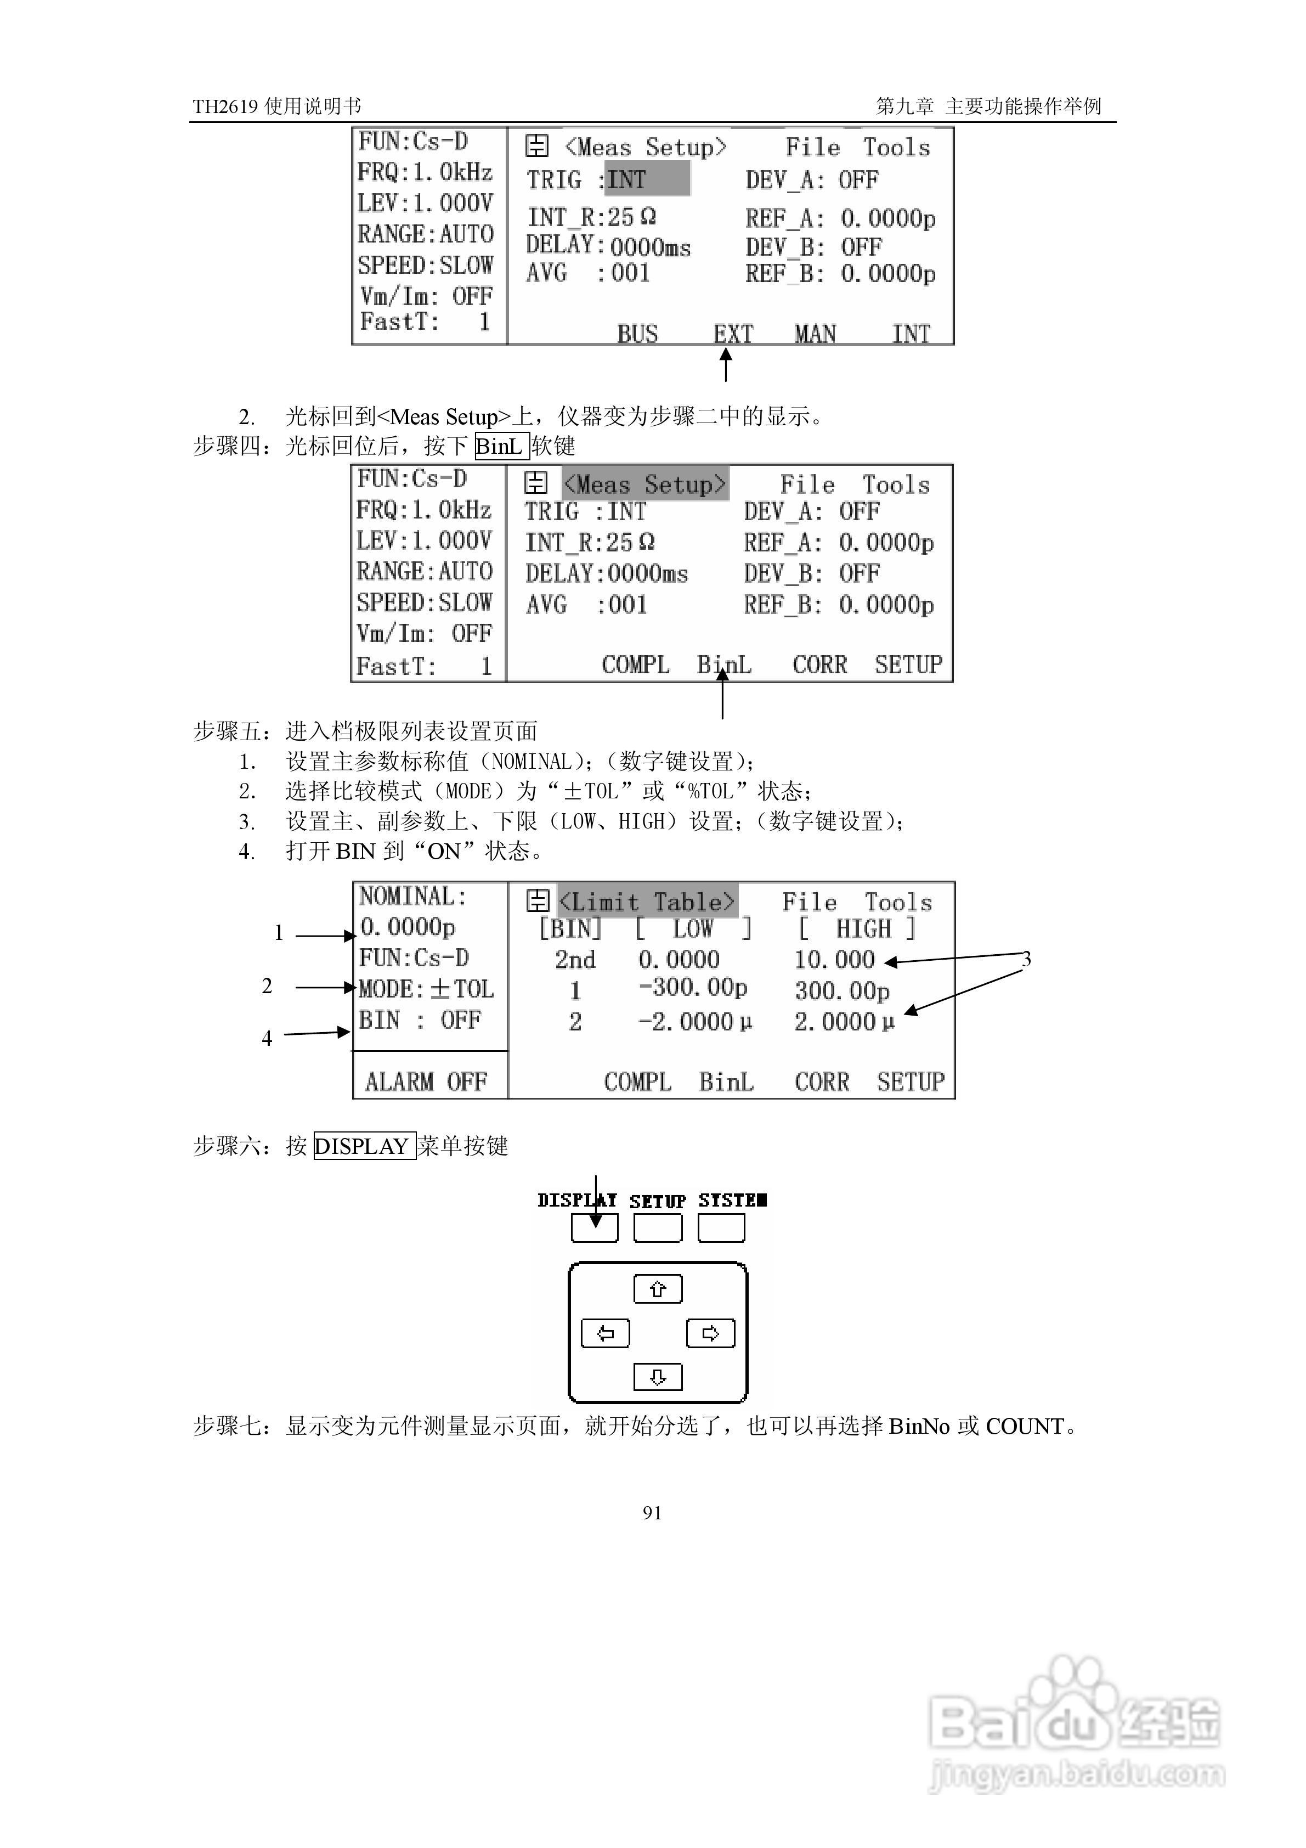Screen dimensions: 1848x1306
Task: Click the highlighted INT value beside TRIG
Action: tap(646, 179)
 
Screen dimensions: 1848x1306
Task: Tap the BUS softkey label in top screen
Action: tap(637, 333)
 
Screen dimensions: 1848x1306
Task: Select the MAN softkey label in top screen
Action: tap(815, 333)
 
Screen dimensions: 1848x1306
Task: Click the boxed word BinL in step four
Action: tap(500, 446)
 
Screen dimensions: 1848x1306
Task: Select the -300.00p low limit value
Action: tap(693, 988)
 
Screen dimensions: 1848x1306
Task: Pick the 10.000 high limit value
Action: tap(834, 960)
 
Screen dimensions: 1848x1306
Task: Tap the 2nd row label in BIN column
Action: tap(574, 960)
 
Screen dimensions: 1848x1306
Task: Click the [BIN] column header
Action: tap(570, 929)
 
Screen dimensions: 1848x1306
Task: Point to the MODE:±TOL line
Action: tap(426, 988)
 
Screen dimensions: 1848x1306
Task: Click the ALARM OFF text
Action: tap(426, 1081)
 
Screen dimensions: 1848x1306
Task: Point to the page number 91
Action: tap(652, 1512)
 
